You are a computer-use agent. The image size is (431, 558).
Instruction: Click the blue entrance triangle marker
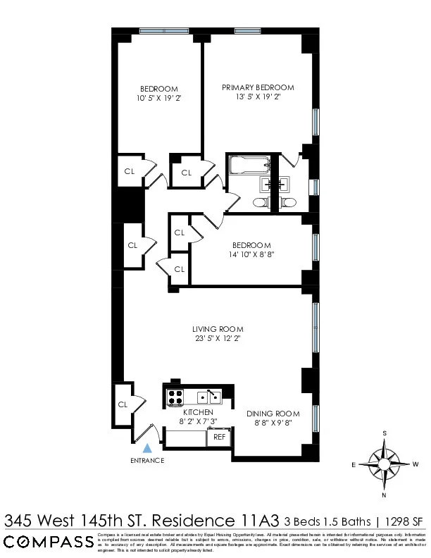point(147,447)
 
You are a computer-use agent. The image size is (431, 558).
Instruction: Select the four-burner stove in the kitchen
point(175,398)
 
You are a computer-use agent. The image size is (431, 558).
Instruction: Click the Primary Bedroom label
point(258,87)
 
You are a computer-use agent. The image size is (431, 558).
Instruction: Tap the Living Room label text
point(218,329)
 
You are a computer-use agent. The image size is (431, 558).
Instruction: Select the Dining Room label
point(273,414)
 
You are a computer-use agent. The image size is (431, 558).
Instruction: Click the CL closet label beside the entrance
point(122,404)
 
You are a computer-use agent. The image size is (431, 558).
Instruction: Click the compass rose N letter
point(384,495)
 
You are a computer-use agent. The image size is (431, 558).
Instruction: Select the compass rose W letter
point(416,464)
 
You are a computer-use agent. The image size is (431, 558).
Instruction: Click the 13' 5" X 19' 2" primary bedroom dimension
point(258,97)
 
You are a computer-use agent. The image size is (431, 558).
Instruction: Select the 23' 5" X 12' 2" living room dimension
point(218,338)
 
